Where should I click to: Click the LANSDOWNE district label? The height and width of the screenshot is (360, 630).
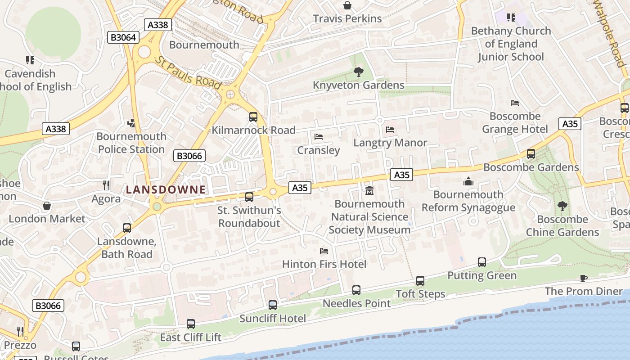166,189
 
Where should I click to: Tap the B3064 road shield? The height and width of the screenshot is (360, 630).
123,37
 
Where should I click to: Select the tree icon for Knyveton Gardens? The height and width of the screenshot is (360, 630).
359,72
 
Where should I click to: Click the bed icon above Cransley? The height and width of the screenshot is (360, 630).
319,137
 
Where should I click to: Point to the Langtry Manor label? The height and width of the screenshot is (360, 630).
390,143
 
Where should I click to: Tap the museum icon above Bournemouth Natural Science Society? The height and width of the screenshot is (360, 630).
369,191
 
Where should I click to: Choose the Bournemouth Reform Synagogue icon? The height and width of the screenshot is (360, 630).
468,181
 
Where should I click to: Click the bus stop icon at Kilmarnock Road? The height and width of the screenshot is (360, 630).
253,117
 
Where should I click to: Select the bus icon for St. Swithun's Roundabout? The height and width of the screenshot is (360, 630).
249,197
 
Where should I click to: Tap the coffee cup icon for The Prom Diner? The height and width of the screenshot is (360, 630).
584,278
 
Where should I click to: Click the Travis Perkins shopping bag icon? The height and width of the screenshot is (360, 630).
347,5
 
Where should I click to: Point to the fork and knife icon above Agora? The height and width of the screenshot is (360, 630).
106,185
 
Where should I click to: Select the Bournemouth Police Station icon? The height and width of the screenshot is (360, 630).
131,123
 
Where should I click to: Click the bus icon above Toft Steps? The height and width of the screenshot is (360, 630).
420,281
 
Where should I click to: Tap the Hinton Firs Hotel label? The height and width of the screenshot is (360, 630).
324,264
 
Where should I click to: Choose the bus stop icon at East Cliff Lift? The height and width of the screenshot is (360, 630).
191,324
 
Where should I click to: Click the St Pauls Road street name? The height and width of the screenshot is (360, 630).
188,72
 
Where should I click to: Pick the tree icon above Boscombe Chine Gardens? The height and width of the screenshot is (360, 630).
562,206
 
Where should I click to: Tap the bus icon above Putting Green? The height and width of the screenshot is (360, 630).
482,262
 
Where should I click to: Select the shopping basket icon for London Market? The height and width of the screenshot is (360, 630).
47,206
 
